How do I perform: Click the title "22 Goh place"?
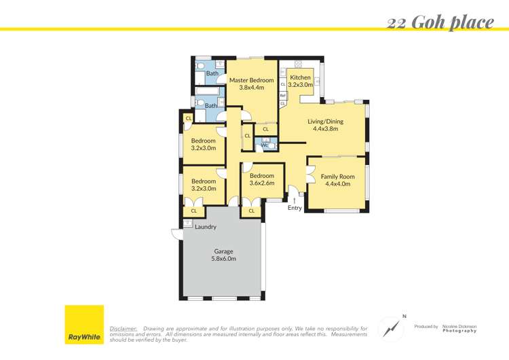pyautogui.click(x=440, y=22)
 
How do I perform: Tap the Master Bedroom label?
pyautogui.click(x=251, y=80)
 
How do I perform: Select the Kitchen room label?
pyautogui.click(x=300, y=77)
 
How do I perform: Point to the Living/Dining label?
pyautogui.click(x=325, y=122)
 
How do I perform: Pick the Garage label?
pyautogui.click(x=223, y=251)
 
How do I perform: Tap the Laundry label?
pyautogui.click(x=205, y=227)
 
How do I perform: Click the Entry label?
pyautogui.click(x=295, y=208)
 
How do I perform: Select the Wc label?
pyautogui.click(x=263, y=145)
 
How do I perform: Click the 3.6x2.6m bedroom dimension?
pyautogui.click(x=261, y=183)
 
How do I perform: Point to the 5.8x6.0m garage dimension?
pyautogui.click(x=223, y=259)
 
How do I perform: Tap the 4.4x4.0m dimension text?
pyautogui.click(x=337, y=184)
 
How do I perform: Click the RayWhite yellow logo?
pyautogui.click(x=84, y=324)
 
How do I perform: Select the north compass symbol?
pyautogui.click(x=391, y=327)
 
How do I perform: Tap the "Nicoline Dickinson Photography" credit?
pyautogui.click(x=459, y=328)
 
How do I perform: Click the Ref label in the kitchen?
pyautogui.click(x=282, y=95)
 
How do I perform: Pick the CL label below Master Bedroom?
pyautogui.click(x=265, y=129)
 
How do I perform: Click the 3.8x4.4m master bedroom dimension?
pyautogui.click(x=251, y=88)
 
